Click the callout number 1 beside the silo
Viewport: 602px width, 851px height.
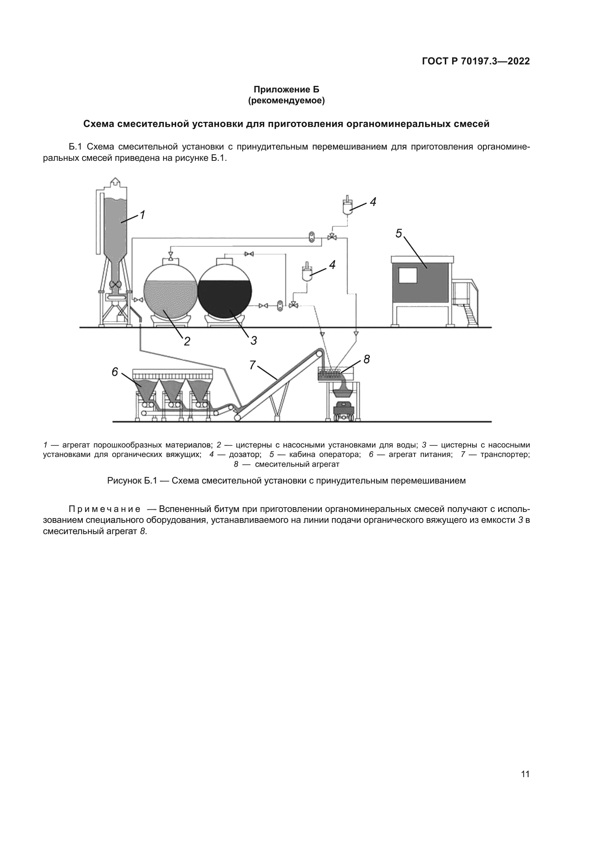(142, 215)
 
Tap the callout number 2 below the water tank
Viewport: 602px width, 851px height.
(187, 341)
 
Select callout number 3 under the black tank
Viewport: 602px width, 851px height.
(254, 340)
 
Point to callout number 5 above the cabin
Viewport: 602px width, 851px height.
(399, 234)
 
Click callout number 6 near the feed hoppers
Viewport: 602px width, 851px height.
(115, 372)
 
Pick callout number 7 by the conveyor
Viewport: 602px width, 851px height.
(253, 365)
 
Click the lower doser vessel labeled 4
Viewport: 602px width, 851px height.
(307, 273)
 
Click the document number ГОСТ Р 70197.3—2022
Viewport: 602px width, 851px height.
(476, 61)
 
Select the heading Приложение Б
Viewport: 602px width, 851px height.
(286, 90)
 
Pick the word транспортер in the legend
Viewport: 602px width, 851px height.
(504, 454)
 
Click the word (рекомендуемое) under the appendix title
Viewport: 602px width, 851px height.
(286, 101)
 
